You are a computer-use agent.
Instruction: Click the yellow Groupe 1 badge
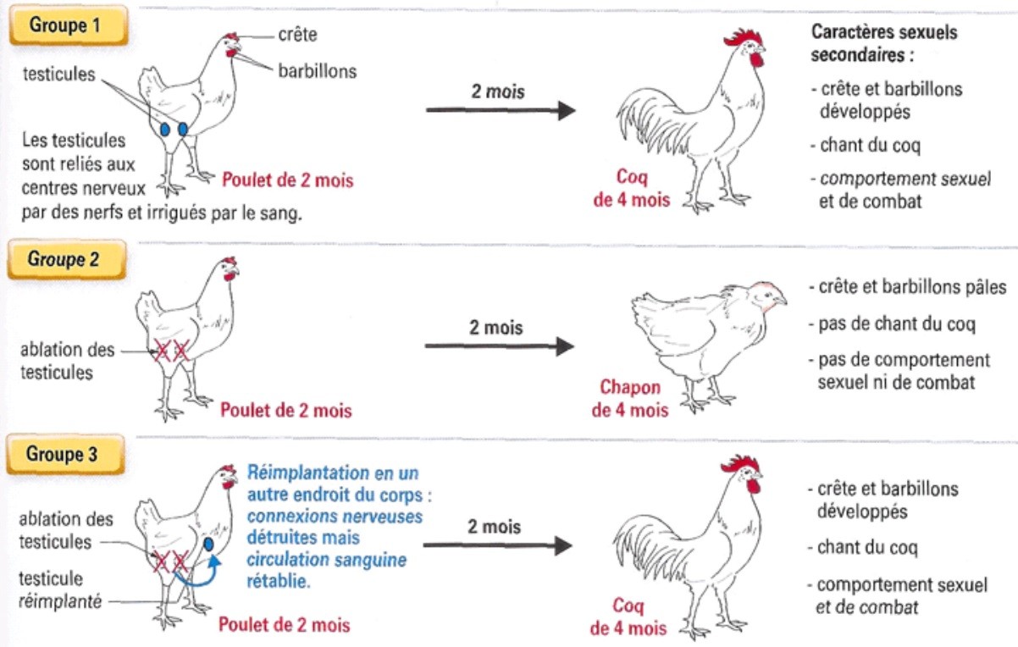[x=65, y=25]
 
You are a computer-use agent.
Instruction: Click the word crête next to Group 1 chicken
[x=297, y=36]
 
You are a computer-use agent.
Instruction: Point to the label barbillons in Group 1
[x=317, y=71]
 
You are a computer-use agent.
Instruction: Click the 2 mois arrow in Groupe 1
[x=500, y=109]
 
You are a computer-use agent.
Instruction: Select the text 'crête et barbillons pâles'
[x=912, y=287]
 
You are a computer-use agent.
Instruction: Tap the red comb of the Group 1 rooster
[x=744, y=39]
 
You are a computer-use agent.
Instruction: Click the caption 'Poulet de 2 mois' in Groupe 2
[x=285, y=411]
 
